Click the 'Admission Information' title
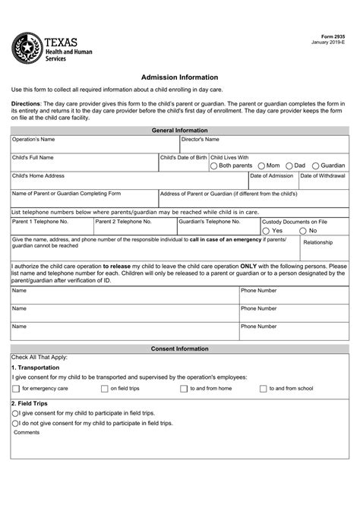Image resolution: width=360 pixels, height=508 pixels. coord(180,77)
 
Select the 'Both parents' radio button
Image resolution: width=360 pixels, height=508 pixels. coord(214,166)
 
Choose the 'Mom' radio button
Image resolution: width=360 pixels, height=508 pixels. coord(261,166)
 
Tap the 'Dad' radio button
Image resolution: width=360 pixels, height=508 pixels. coord(289,166)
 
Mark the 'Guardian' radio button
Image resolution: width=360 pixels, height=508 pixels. coord(315,166)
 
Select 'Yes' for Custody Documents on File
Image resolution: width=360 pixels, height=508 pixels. coord(266,230)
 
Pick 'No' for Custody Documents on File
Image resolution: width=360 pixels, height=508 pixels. coord(303,230)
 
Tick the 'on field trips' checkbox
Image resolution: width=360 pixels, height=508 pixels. coord(104,388)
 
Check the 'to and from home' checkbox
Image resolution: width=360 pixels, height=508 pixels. coord(183,388)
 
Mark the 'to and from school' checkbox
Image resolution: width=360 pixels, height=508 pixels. coord(263,388)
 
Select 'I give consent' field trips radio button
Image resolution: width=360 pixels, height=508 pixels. coord(15,413)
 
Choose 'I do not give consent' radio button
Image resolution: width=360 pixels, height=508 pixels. coord(15,422)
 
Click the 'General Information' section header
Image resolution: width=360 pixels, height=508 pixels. coord(180,131)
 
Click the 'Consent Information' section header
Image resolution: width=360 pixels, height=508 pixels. coord(180,348)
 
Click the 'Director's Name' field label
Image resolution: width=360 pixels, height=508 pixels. coord(201,140)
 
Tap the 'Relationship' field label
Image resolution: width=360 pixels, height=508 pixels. coord(317,243)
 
